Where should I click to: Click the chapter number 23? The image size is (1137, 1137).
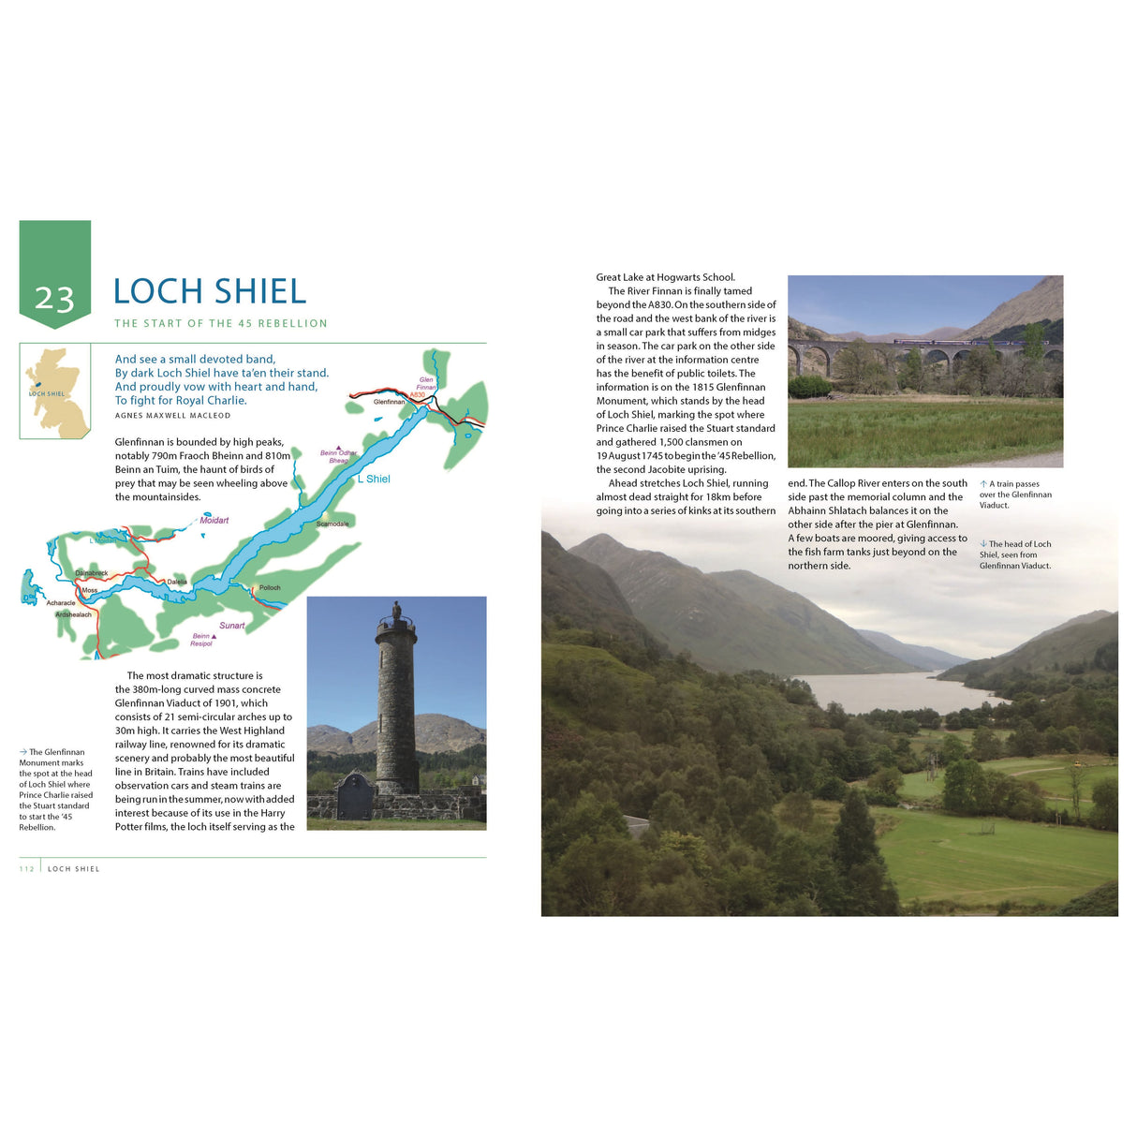point(54,298)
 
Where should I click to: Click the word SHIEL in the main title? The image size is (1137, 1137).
point(261,291)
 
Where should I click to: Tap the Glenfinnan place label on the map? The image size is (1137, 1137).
point(389,402)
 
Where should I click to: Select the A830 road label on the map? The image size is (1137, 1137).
point(417,395)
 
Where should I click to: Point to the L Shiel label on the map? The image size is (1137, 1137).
point(374,479)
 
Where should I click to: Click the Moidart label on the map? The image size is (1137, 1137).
point(214,520)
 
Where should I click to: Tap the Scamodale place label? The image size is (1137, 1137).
point(332,524)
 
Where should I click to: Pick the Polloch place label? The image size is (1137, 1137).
point(270,587)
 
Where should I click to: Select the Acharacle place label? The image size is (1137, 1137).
point(61,603)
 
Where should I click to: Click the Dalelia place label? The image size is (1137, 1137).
point(177,582)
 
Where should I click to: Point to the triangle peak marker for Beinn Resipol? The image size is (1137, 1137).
point(214,636)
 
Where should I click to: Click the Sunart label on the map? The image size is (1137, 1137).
point(232,626)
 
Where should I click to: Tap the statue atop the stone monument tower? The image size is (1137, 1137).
point(396,610)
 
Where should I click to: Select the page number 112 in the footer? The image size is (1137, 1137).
point(26,869)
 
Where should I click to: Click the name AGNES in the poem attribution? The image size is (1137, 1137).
point(128,415)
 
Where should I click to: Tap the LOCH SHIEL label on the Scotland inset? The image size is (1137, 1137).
point(47,393)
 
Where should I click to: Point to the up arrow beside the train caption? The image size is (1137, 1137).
point(983,484)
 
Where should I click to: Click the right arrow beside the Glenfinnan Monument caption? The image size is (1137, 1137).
point(23,752)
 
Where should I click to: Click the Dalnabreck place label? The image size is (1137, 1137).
point(91,572)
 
